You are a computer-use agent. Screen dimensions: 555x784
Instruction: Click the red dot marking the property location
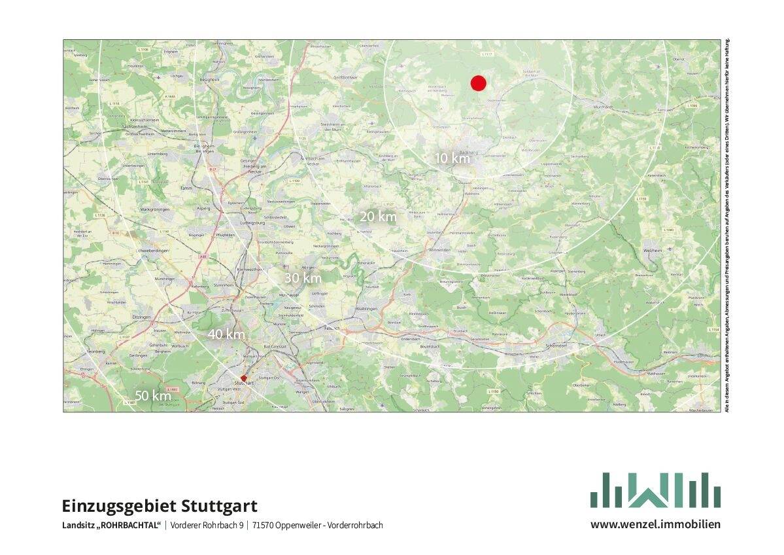point(478,83)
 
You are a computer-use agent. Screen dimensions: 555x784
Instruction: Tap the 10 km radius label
point(452,158)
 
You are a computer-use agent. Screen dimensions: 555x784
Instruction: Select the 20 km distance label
point(378,216)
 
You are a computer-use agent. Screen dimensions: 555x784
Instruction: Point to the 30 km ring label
point(303,277)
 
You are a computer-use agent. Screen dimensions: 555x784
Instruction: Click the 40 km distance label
point(226,334)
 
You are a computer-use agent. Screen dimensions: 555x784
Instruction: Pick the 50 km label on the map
point(153,395)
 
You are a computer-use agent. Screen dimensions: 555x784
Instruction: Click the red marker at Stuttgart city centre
point(243,378)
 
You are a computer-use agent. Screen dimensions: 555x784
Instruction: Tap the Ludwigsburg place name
point(254,223)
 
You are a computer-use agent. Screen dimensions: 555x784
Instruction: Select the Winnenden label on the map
point(439,249)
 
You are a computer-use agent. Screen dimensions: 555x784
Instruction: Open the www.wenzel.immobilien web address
point(655,524)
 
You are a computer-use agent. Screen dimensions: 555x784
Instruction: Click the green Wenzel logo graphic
point(655,490)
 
